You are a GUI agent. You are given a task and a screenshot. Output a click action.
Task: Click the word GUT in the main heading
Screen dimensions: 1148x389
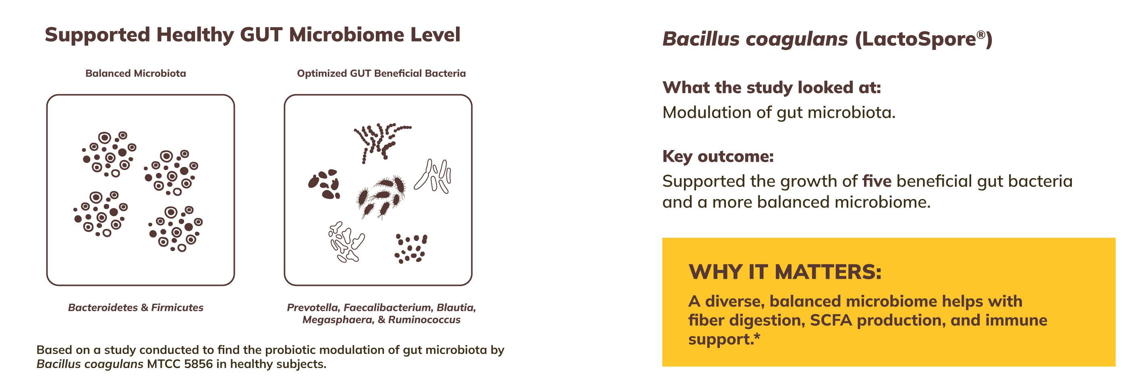tap(261, 35)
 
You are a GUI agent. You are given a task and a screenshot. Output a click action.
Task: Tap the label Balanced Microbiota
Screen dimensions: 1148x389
tap(136, 74)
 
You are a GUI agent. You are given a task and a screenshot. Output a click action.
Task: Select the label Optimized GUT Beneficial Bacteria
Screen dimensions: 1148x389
tap(381, 74)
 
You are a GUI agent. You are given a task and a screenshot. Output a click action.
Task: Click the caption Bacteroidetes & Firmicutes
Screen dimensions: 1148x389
tap(136, 308)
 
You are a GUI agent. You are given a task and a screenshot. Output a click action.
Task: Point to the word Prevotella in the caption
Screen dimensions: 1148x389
tap(313, 308)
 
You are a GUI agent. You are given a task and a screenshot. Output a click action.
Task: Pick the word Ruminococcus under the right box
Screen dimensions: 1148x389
tap(424, 319)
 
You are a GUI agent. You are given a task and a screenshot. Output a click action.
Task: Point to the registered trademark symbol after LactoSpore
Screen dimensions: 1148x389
tap(980, 34)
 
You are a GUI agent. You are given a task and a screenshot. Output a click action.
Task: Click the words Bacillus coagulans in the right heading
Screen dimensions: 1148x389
tap(755, 39)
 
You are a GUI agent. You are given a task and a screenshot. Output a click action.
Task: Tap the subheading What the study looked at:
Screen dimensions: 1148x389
tap(772, 87)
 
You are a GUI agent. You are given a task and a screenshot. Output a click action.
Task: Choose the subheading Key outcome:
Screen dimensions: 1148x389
tap(718, 156)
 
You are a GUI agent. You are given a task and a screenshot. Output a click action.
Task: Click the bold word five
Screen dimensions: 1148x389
tap(877, 181)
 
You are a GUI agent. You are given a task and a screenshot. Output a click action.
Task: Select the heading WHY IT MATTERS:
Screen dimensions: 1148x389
tap(785, 272)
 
